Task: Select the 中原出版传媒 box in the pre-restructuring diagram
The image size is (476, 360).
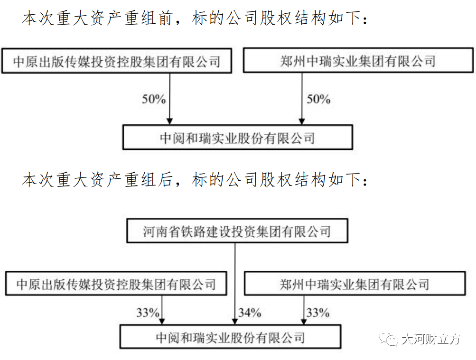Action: click(x=117, y=61)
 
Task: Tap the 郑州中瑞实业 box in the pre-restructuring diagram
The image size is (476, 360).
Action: click(x=358, y=60)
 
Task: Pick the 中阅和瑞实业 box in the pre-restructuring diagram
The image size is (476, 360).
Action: click(x=237, y=138)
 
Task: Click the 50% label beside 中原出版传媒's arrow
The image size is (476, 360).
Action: click(x=154, y=99)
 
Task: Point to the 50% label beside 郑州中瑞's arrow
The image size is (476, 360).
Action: click(x=318, y=99)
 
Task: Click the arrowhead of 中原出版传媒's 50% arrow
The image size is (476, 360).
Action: click(x=170, y=121)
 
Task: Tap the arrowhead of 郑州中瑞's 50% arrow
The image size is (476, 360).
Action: click(x=301, y=121)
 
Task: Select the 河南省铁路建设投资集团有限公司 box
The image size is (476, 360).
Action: click(x=237, y=231)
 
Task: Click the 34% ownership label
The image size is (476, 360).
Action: click(x=250, y=313)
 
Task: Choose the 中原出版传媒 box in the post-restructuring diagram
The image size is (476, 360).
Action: click(x=116, y=284)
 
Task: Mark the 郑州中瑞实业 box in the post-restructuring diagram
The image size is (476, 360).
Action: click(x=355, y=284)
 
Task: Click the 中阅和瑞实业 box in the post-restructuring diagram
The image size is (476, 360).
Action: click(x=231, y=337)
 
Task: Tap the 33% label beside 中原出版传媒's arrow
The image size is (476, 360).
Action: click(x=148, y=313)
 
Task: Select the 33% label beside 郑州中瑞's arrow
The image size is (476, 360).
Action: click(x=318, y=313)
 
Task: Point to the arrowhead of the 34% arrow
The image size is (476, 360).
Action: click(x=234, y=321)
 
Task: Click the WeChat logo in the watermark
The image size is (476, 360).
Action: click(x=388, y=339)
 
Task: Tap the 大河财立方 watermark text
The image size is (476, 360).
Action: click(x=431, y=339)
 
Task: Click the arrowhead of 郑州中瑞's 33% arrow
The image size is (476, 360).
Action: click(x=304, y=321)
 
